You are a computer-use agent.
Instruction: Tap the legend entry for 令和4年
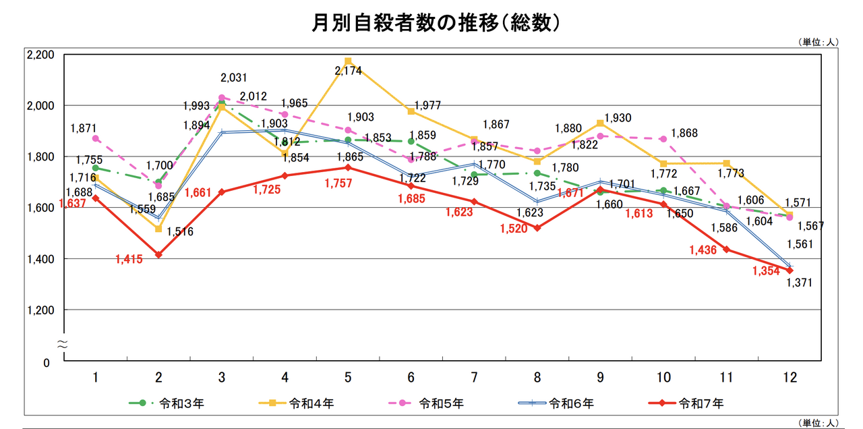[x=296, y=403]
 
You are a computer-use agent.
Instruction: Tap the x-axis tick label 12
[x=790, y=376]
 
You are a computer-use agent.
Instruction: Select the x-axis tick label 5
[x=348, y=376]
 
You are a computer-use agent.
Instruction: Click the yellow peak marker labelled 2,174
[x=348, y=61]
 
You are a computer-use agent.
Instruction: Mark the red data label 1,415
[x=129, y=259]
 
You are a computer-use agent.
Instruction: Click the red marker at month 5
[x=348, y=167]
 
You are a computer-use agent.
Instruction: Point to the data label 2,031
[x=235, y=78]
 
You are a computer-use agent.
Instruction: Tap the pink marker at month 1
[x=96, y=138]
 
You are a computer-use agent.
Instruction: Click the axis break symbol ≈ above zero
[x=61, y=343]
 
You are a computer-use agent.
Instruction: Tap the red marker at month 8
[x=537, y=228]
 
